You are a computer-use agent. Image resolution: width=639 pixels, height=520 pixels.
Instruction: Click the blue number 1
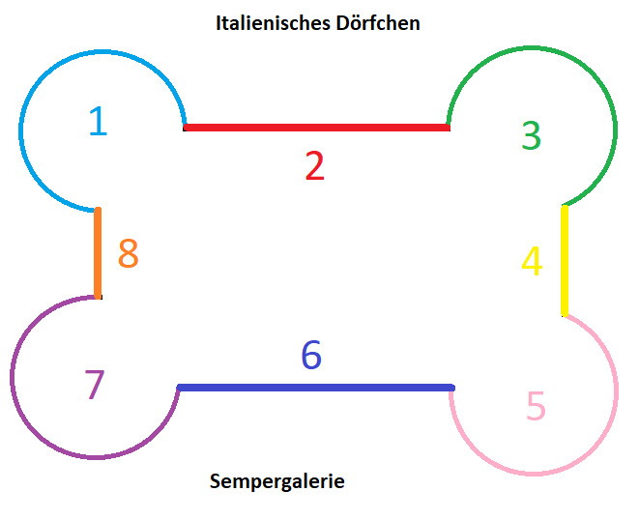(98, 121)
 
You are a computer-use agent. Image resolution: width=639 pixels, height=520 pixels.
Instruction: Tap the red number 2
(314, 166)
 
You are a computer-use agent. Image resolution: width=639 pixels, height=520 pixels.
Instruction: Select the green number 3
(531, 135)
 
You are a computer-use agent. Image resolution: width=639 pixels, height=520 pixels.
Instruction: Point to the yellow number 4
(532, 261)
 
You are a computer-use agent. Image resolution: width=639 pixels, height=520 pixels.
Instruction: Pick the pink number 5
(536, 406)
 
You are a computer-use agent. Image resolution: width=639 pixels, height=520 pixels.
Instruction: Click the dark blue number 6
(310, 355)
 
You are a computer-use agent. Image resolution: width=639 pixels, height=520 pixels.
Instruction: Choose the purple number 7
(94, 385)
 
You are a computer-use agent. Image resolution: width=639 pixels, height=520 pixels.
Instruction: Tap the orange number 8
(128, 254)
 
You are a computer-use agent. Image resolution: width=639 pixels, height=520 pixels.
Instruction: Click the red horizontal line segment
(316, 128)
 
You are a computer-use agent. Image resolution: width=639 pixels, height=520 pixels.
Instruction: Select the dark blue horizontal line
(316, 388)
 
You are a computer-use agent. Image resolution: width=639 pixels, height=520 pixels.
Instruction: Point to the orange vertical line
(98, 253)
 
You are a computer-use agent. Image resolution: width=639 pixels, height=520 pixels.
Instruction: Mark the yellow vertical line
(565, 261)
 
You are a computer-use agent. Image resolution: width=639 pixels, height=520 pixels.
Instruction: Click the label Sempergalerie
(276, 480)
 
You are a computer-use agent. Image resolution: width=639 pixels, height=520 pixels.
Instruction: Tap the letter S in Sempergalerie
(215, 480)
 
